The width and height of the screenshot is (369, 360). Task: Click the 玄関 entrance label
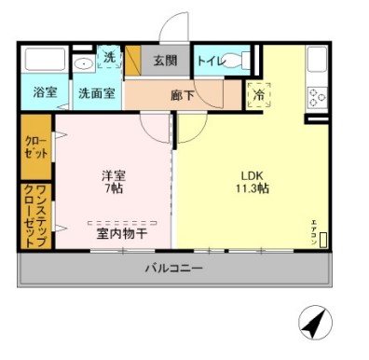[164, 61]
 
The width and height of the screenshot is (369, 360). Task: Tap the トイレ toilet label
[211, 61]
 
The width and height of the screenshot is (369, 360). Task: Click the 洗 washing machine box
[110, 58]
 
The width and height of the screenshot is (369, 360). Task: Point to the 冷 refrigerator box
[258, 94]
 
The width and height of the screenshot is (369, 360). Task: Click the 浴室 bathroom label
[45, 93]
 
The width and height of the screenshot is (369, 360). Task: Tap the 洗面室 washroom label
[95, 93]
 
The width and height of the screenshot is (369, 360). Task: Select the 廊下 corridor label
[182, 93]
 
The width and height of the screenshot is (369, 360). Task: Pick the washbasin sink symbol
[84, 64]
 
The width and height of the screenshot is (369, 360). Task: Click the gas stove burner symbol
[317, 97]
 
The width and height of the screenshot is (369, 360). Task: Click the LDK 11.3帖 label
[252, 180]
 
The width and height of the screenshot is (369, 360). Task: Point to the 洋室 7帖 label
[113, 180]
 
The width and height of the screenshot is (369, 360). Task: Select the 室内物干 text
[122, 233]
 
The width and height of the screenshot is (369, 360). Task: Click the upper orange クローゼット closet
[36, 146]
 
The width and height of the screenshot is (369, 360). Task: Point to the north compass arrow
[316, 325]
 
